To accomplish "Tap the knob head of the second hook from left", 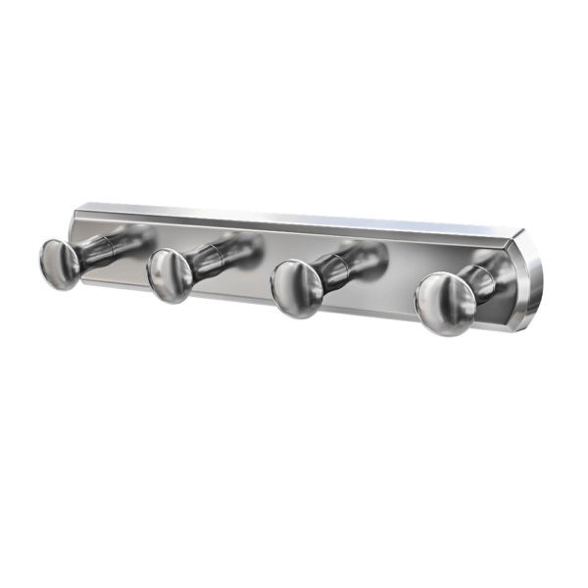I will coord(169,273).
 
